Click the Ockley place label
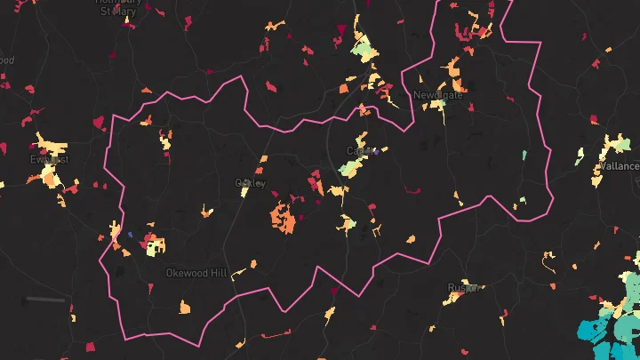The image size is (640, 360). [x=250, y=183]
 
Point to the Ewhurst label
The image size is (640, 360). [x=48, y=159]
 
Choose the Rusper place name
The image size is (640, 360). [x=464, y=288]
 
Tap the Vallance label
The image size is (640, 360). [x=619, y=166]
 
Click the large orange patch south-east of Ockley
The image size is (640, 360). [x=284, y=217]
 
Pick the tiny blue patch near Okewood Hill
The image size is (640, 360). [x=131, y=235]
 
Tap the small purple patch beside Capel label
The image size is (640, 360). [x=377, y=152]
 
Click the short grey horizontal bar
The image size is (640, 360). [x=44, y=300]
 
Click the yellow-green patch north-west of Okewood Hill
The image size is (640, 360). [x=153, y=244]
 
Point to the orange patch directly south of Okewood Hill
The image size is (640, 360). [x=185, y=308]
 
